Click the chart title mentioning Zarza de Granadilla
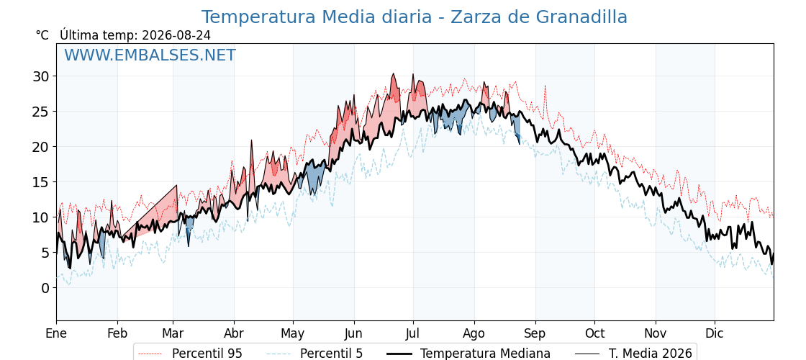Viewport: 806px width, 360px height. (x=414, y=17)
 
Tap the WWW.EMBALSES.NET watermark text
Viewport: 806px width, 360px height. (x=150, y=55)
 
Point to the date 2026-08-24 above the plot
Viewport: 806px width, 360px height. (x=176, y=35)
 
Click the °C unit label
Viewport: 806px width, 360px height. (x=42, y=35)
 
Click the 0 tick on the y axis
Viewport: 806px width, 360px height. (x=45, y=288)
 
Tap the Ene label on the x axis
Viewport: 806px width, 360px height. (x=56, y=334)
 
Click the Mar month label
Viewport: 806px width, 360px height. (x=173, y=334)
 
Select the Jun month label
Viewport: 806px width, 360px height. (x=353, y=334)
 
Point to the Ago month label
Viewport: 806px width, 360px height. (x=474, y=334)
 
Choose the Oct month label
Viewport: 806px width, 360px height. (x=594, y=334)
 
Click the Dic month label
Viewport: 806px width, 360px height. (x=715, y=334)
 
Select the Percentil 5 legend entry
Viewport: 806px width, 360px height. (x=314, y=354)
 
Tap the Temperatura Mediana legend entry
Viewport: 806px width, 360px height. (x=468, y=354)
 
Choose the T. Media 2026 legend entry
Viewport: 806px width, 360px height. (x=633, y=354)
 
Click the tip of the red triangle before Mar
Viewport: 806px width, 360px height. (x=176, y=185)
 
